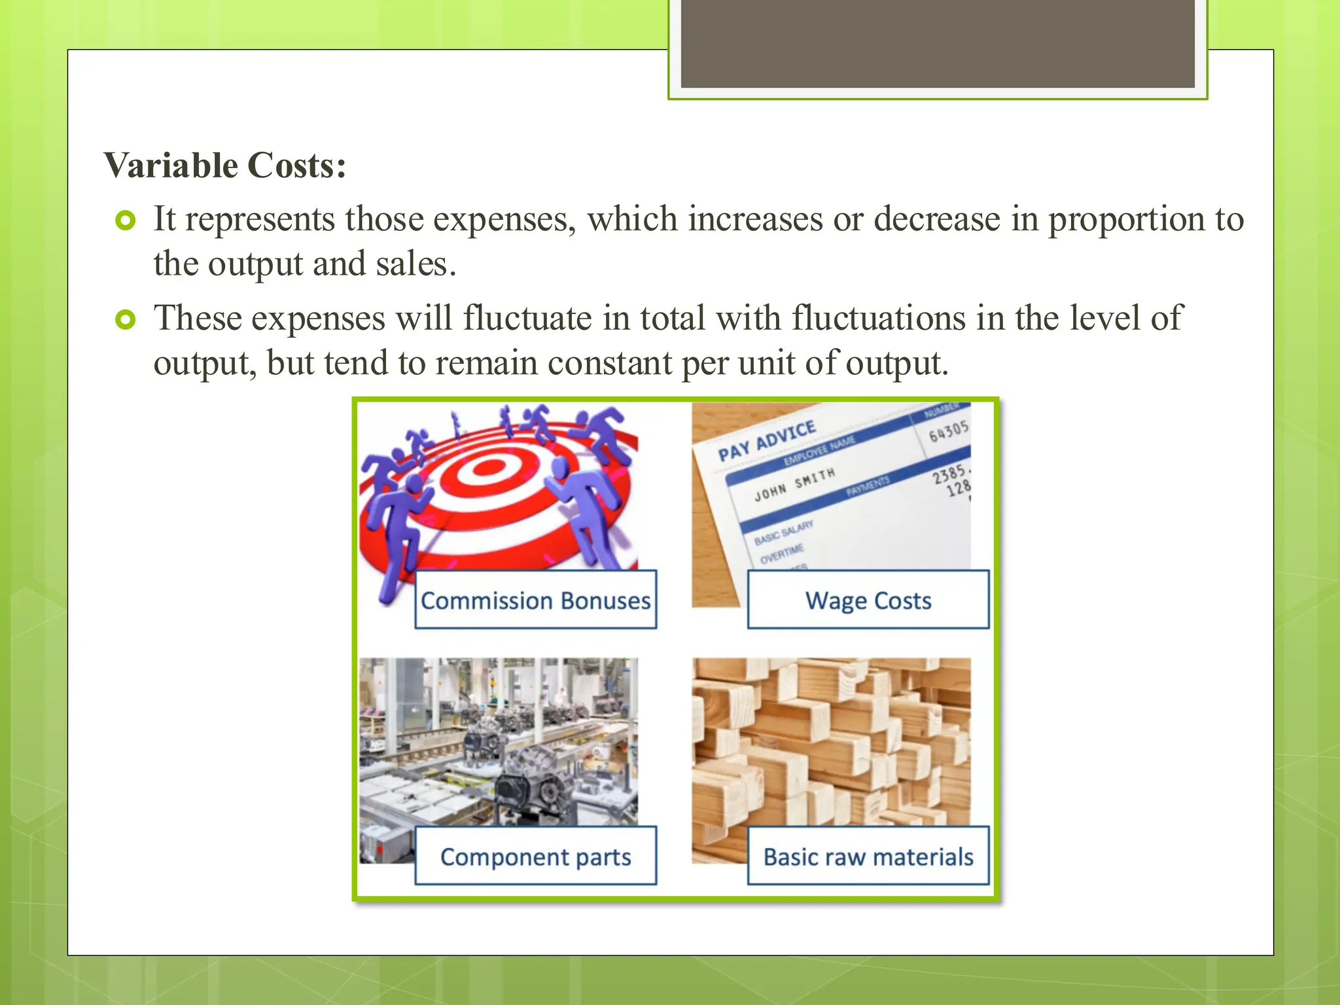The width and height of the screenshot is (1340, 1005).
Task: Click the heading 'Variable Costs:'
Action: click(224, 166)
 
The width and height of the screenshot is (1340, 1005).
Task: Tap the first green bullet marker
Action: click(125, 220)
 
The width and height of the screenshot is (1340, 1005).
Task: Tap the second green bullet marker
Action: click(125, 320)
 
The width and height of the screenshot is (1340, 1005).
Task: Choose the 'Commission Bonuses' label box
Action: click(535, 600)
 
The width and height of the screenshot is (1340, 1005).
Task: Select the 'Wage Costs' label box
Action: click(868, 600)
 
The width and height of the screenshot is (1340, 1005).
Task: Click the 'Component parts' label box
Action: click(535, 856)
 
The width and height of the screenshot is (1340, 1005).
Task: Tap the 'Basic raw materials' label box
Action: click(868, 856)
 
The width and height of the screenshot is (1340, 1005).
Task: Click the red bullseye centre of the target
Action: click(487, 468)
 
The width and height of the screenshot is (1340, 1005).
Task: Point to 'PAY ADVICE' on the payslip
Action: click(766, 442)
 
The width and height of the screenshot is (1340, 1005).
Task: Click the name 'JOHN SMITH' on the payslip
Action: click(794, 484)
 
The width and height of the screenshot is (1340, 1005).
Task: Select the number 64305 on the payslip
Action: click(948, 431)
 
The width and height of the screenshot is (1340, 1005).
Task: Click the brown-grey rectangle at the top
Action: click(937, 44)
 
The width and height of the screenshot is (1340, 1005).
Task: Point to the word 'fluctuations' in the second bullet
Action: click(879, 319)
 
